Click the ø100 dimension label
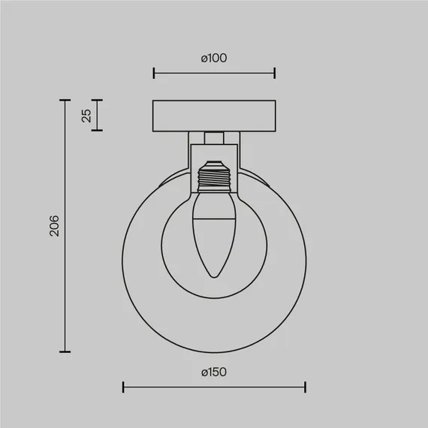(214, 58)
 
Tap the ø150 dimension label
(214, 372)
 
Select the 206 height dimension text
(54, 226)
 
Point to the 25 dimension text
(86, 116)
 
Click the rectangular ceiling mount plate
(214, 116)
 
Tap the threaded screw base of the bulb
(214, 179)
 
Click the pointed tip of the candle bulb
(214, 277)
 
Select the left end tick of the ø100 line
(154, 73)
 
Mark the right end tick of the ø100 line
(275, 73)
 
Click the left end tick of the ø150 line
(123, 387)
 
